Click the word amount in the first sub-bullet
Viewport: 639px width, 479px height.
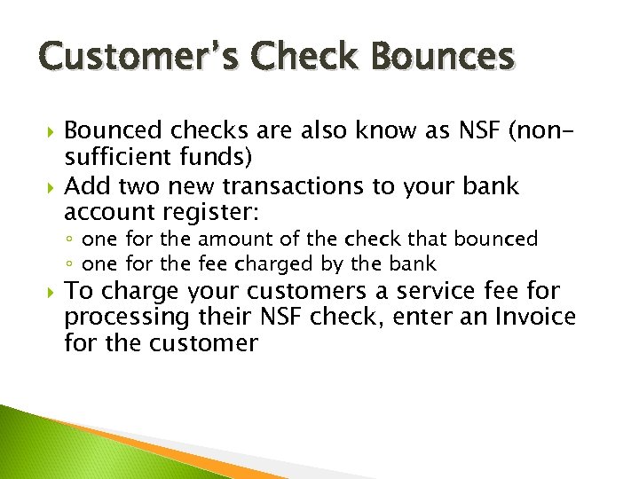230,239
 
